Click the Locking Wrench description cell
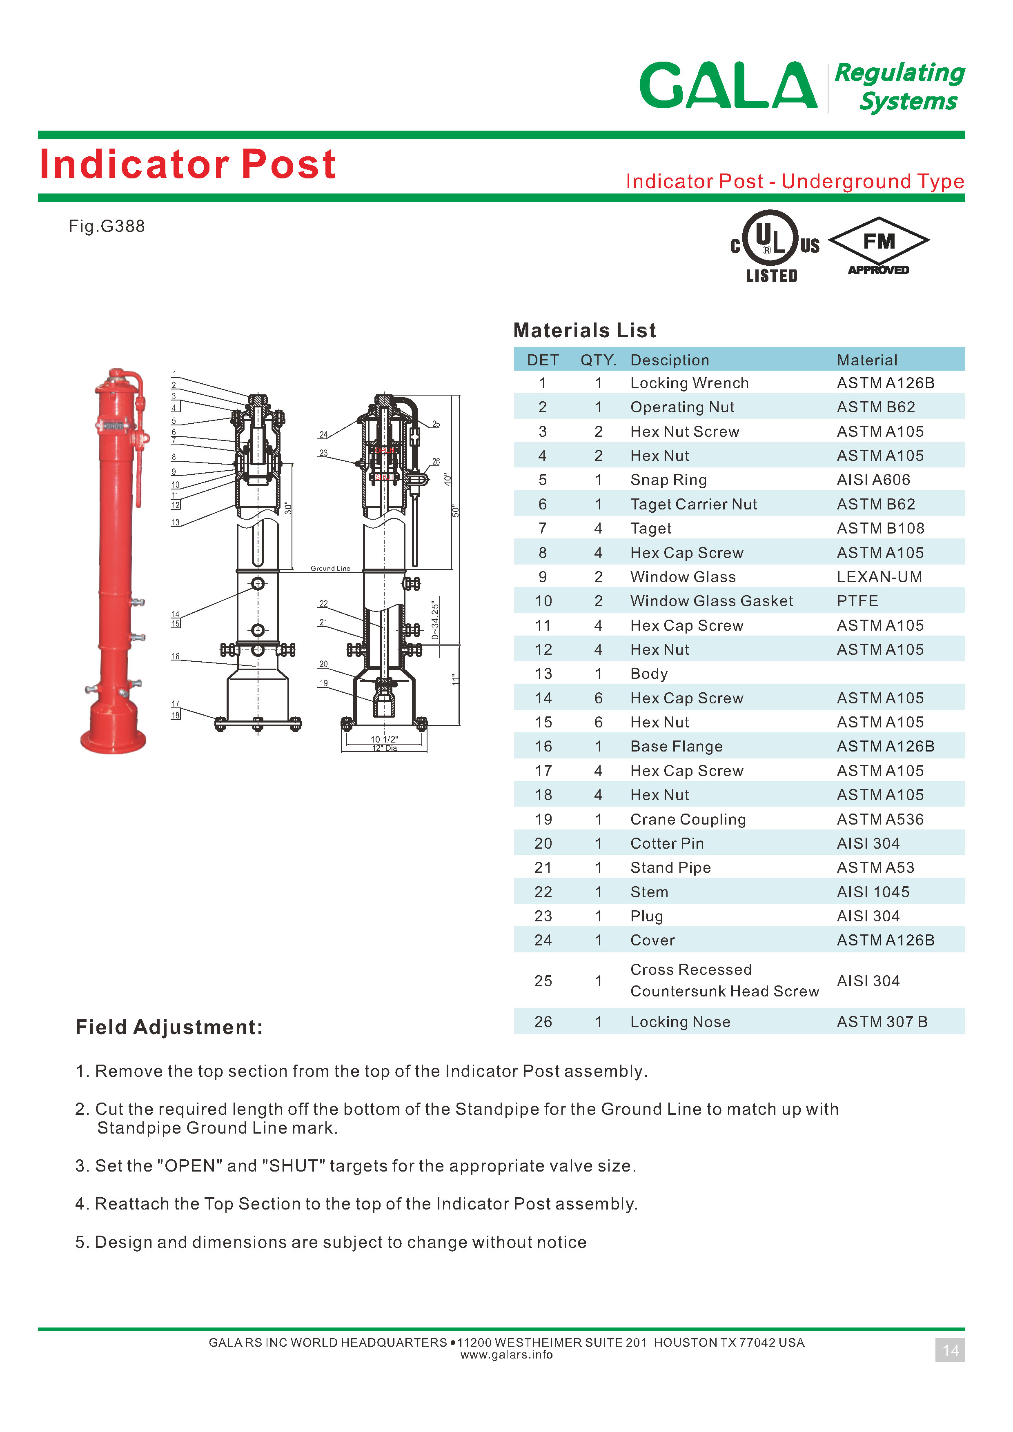pos(689,383)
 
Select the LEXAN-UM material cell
pos(879,577)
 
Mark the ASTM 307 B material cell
pos(882,1022)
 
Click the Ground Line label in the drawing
pos(330,568)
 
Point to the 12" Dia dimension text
pos(384,748)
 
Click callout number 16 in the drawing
pos(175,656)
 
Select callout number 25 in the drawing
pos(436,424)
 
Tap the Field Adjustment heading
pos(169,1027)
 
